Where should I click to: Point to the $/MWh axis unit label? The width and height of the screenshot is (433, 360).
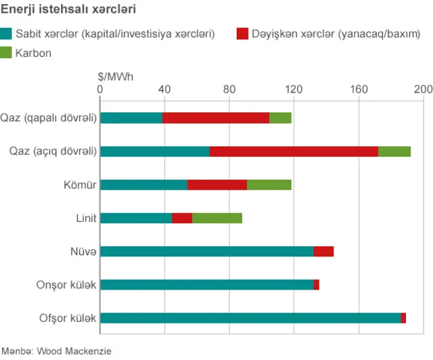[116, 76]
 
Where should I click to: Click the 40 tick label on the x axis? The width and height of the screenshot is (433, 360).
[164, 89]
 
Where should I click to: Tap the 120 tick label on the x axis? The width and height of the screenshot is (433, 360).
[294, 89]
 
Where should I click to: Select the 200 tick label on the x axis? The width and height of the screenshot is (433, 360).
[423, 89]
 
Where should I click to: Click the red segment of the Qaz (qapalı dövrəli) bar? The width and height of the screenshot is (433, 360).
[216, 118]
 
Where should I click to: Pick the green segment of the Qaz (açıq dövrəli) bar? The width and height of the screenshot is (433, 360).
[394, 151]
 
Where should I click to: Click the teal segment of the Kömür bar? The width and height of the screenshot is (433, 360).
[143, 185]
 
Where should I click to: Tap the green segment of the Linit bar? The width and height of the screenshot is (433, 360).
[217, 218]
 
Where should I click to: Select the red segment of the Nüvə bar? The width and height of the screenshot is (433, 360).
[323, 251]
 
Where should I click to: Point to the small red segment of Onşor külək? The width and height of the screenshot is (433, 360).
[317, 285]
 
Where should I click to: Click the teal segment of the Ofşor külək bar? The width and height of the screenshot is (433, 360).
[250, 318]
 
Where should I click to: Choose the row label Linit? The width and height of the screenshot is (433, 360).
[86, 218]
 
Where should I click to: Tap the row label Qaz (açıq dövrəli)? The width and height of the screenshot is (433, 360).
[52, 151]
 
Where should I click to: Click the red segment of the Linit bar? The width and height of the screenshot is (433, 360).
[182, 218]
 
